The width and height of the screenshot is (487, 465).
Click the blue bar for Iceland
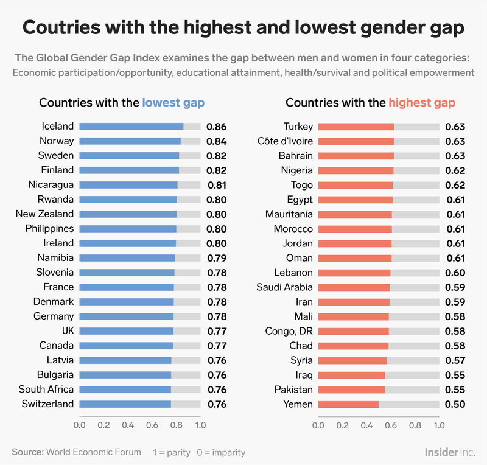131,127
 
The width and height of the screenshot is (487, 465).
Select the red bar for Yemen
348,404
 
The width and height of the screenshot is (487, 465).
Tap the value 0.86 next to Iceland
216,127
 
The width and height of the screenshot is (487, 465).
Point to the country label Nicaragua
51,185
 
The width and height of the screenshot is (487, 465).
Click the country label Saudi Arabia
284,287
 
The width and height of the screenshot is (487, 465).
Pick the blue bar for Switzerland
125,404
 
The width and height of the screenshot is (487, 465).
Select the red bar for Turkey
356,127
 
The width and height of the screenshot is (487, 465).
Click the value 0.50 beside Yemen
455,404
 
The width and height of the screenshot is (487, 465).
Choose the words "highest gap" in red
422,102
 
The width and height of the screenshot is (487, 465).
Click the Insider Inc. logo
449,453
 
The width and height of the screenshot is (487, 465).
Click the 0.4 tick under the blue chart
127,425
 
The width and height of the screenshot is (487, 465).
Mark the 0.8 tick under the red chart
415,425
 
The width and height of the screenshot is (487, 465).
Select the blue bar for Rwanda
128,200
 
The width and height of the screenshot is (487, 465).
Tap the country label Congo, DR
289,331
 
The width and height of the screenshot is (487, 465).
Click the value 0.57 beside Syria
455,360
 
